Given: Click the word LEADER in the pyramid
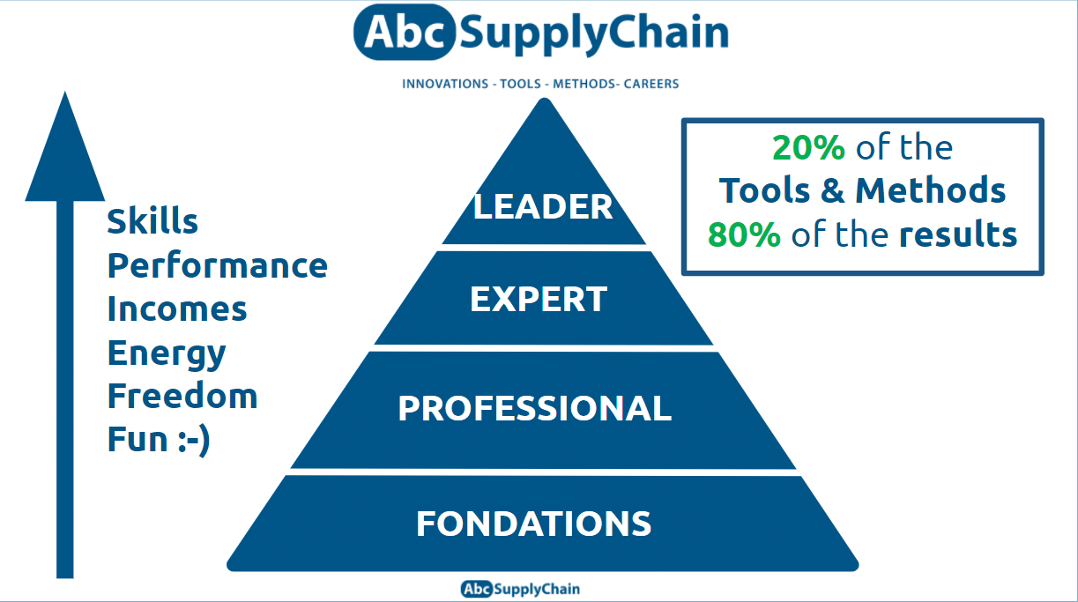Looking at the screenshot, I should tap(543, 206).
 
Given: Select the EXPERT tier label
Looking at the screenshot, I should tap(539, 300).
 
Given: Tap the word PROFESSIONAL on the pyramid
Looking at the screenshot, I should tap(534, 408).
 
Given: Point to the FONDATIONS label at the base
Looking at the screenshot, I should tap(534, 524).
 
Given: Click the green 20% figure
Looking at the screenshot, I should tap(808, 148).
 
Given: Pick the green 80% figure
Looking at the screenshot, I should tap(743, 234).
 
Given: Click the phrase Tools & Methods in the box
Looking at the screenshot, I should tap(862, 190).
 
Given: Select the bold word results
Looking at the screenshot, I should tap(958, 234).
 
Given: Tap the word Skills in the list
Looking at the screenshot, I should tap(152, 221).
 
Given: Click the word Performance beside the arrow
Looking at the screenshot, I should tap(218, 265).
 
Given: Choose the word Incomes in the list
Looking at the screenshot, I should tap(177, 308).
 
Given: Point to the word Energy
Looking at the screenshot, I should tap(167, 353).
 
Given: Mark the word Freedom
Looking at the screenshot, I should tap(182, 396).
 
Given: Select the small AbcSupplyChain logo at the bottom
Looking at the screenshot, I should tap(520, 589).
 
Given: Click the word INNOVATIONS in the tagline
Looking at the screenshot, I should tap(445, 84).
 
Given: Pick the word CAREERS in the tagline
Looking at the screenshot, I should tap(651, 84).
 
